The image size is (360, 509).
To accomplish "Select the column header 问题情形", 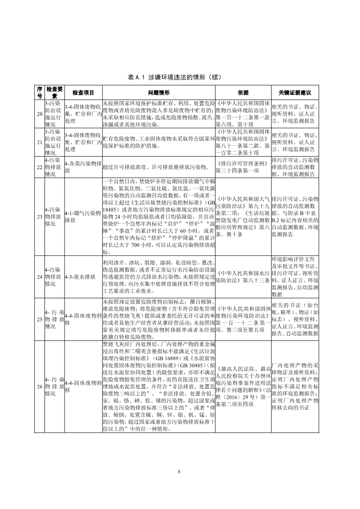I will click(159, 93).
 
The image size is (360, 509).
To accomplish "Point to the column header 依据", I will click(243, 93).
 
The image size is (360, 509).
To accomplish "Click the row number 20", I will click(40, 114).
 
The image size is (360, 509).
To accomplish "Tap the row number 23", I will click(40, 216).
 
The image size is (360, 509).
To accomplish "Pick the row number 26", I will click(40, 386).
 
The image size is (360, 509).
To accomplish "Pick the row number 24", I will click(40, 276).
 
